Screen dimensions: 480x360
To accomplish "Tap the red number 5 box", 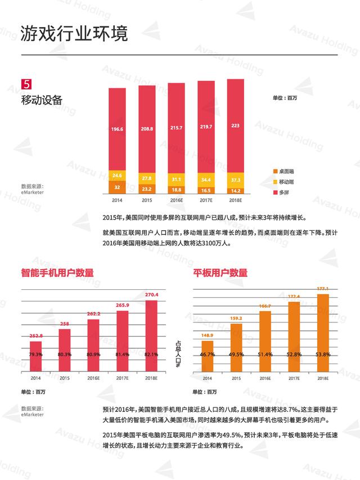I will point(26,84).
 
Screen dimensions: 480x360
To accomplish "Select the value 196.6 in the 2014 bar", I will point(117,129).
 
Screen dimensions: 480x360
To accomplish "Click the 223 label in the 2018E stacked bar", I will point(235,125).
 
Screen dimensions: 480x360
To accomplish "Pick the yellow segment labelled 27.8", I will point(147,178).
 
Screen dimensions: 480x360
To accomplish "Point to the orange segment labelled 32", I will point(117,187).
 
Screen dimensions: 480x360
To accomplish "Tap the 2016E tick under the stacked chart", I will point(176,200).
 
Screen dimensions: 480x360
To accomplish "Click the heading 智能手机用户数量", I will point(57,272).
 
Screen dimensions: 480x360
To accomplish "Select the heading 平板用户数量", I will point(220,272).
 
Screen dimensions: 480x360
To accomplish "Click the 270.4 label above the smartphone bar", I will point(152,294).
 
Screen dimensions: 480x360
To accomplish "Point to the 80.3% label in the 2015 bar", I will point(65,355).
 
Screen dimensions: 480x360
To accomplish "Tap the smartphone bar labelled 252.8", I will point(36,356).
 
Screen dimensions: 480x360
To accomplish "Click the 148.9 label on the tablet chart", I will point(207,336).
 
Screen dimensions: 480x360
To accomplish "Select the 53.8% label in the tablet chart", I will point(322,355).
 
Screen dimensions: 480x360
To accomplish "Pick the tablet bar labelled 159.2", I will point(236,347).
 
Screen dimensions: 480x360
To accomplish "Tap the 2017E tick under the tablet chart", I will point(294,378).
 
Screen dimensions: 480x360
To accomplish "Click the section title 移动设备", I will point(42,100).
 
